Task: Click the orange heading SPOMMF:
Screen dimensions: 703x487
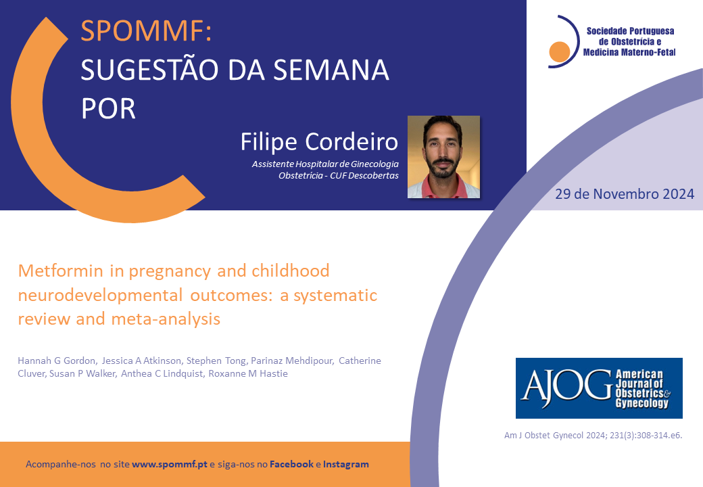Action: (146, 30)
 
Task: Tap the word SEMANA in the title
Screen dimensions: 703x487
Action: (331, 70)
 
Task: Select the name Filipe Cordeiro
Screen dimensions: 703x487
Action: (319, 142)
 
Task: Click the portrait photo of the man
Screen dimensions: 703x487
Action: (443, 157)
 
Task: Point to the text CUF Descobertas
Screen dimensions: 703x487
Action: (364, 175)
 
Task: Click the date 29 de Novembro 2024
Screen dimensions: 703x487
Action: (625, 193)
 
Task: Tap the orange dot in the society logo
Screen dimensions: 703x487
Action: (560, 51)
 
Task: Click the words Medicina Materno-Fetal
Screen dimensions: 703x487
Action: (629, 53)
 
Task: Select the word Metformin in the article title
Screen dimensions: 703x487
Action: (61, 271)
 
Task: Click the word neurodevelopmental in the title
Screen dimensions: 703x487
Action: (101, 295)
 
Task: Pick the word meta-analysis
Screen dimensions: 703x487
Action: (166, 319)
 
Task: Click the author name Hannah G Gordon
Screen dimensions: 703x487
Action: (57, 361)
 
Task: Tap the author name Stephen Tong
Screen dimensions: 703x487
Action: (216, 361)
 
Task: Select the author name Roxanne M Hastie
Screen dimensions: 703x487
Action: (248, 373)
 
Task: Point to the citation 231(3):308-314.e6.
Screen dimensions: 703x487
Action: (646, 435)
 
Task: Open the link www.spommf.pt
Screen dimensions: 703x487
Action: (170, 464)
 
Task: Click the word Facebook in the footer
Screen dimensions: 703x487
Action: (291, 464)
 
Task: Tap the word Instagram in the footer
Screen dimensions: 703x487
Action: (346, 464)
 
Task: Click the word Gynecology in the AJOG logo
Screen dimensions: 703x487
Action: (642, 403)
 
